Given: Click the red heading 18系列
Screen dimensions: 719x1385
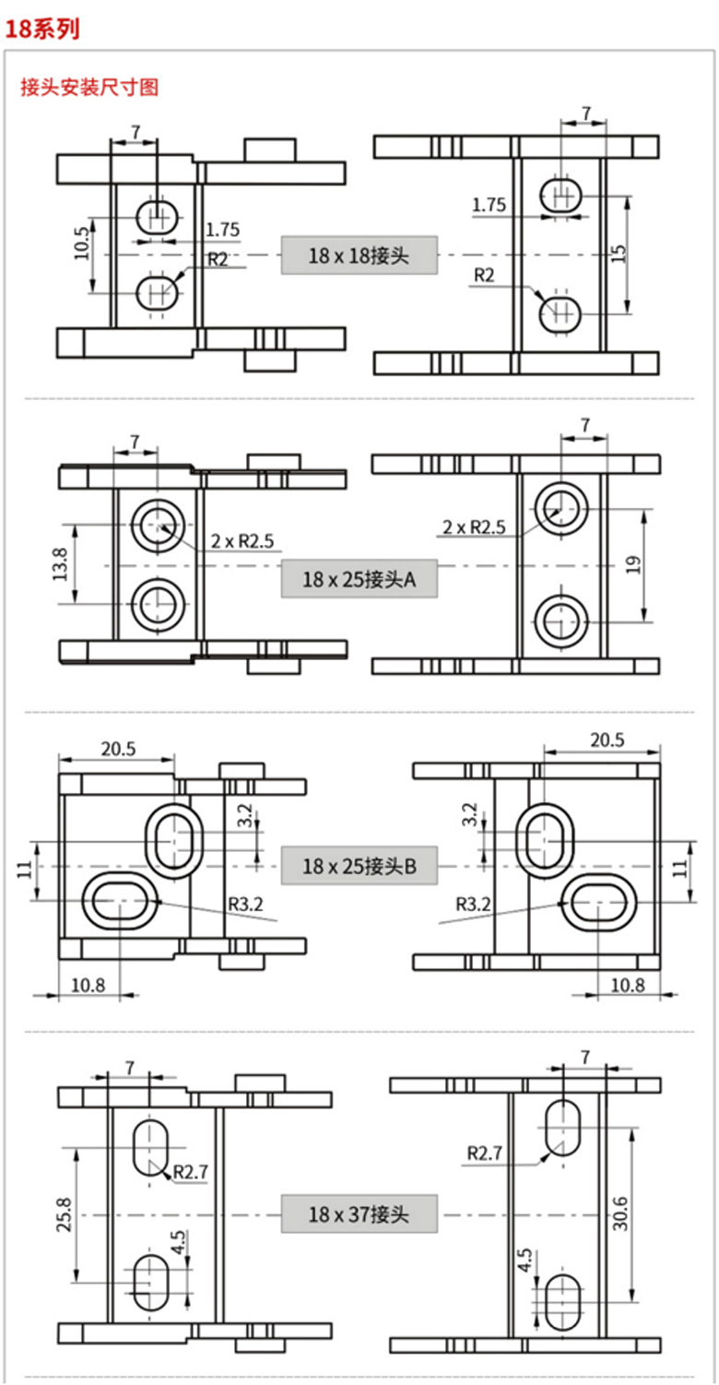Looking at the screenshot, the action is [x=42, y=29].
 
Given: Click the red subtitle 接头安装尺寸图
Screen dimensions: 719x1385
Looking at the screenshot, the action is [x=89, y=87].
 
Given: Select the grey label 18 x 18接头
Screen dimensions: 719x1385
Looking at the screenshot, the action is [x=359, y=255].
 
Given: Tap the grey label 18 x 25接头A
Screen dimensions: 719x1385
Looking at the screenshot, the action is [x=359, y=579].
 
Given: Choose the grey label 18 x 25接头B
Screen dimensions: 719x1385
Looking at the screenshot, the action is [x=359, y=866].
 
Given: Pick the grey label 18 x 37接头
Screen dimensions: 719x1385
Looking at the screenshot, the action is [x=359, y=1213].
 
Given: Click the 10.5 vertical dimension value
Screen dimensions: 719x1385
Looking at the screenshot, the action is [x=82, y=243].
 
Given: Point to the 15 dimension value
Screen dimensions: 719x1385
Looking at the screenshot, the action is [x=619, y=254].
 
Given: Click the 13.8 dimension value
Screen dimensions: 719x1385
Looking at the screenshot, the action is [x=60, y=564].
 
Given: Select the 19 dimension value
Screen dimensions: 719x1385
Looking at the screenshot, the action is [x=633, y=565].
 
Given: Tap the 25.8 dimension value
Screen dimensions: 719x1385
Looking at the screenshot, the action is [x=65, y=1214].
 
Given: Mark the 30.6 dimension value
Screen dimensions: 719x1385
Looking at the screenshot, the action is [x=620, y=1213].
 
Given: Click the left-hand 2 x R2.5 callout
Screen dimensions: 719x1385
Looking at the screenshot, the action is [x=242, y=541].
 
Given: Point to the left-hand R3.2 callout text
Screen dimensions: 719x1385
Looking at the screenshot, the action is [x=246, y=904].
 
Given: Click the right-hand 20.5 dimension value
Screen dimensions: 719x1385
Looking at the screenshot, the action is [x=607, y=740].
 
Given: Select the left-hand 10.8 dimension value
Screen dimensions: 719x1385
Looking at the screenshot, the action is [x=88, y=985].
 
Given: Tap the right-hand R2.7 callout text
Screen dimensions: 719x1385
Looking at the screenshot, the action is [x=485, y=1154].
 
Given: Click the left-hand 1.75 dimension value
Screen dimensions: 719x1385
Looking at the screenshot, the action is [x=222, y=230].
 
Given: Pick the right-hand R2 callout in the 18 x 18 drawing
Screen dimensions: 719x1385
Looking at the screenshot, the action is [x=484, y=275].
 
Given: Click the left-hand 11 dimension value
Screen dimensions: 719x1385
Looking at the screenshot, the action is [x=24, y=869].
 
